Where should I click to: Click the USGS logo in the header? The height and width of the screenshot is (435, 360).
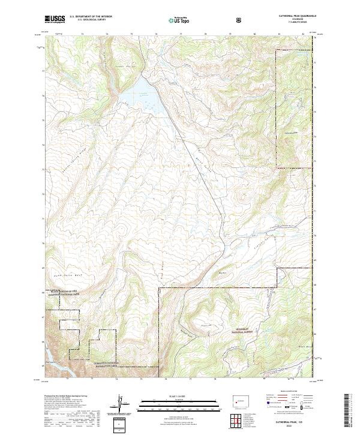55,20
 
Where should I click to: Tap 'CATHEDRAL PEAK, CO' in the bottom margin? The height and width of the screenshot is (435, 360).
292,422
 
